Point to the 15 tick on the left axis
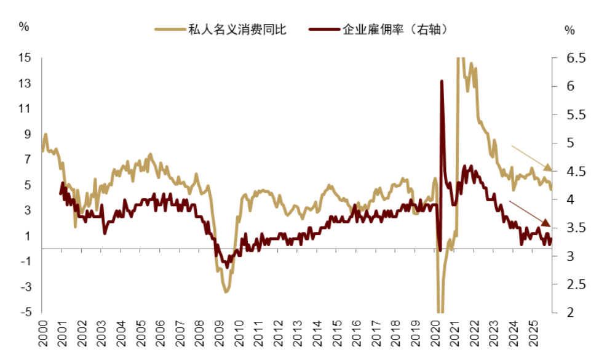coord(25,58)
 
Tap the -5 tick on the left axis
coord(25,312)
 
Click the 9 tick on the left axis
coord(28,134)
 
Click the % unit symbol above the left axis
coord(24,27)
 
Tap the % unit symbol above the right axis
coord(569,30)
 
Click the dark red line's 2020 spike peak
coord(442,81)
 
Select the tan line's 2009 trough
coord(226,292)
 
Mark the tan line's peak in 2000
coord(46,134)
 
